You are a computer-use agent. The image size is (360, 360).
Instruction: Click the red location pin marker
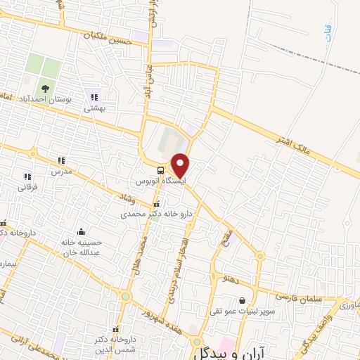click(x=181, y=165)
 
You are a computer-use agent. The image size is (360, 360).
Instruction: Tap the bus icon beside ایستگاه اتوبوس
click(x=162, y=170)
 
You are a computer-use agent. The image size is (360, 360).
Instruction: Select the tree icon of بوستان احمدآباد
click(x=45, y=89)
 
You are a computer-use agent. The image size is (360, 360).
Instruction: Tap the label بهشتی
click(x=94, y=108)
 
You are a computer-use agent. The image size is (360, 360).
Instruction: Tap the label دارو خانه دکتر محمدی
click(x=147, y=212)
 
